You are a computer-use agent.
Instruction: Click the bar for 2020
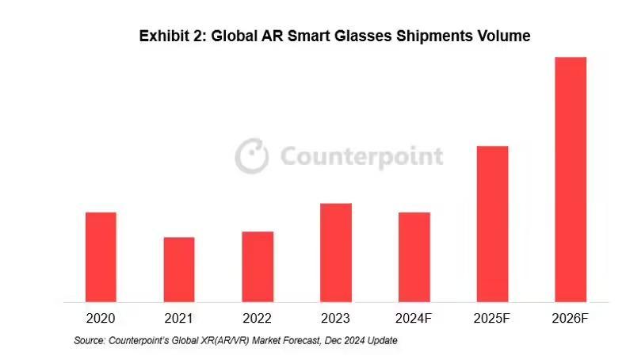pyautogui.click(x=101, y=257)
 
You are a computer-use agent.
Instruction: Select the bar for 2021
pyautogui.click(x=179, y=270)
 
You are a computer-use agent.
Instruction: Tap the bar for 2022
pyautogui.click(x=258, y=266)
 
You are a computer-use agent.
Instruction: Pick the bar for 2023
pyautogui.click(x=336, y=252)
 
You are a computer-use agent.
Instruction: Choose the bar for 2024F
pyautogui.click(x=414, y=257)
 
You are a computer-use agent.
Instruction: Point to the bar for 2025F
pyautogui.click(x=492, y=224)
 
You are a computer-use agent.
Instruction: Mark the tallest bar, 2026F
pyautogui.click(x=571, y=179)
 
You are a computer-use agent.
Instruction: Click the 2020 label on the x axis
pyautogui.click(x=101, y=319)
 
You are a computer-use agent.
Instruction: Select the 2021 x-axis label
pyautogui.click(x=179, y=319)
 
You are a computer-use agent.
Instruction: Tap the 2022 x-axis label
pyautogui.click(x=258, y=319)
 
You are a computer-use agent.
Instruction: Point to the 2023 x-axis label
pyautogui.click(x=336, y=319)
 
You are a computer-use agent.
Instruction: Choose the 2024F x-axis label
pyautogui.click(x=414, y=319)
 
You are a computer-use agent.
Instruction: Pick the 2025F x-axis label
pyautogui.click(x=492, y=319)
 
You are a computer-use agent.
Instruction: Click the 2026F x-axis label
pyautogui.click(x=571, y=319)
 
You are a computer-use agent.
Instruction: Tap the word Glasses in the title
pyautogui.click(x=369, y=36)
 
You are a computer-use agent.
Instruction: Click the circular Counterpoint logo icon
pyautogui.click(x=251, y=155)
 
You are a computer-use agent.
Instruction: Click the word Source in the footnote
pyautogui.click(x=89, y=340)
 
